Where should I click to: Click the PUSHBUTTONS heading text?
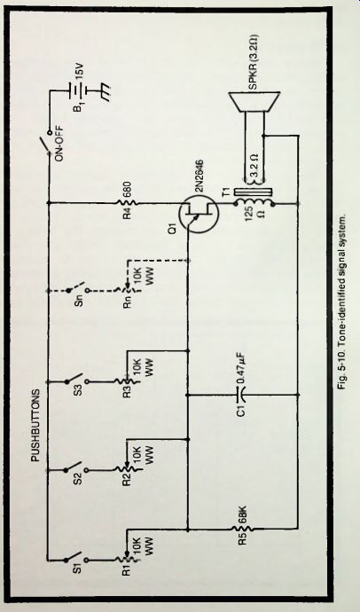tap(35, 425)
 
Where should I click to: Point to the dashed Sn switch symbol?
tap(74, 290)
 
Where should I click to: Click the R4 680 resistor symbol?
tap(127, 203)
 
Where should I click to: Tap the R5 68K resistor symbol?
tap(243, 530)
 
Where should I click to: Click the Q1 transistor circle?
tap(199, 214)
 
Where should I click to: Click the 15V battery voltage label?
tap(75, 75)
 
